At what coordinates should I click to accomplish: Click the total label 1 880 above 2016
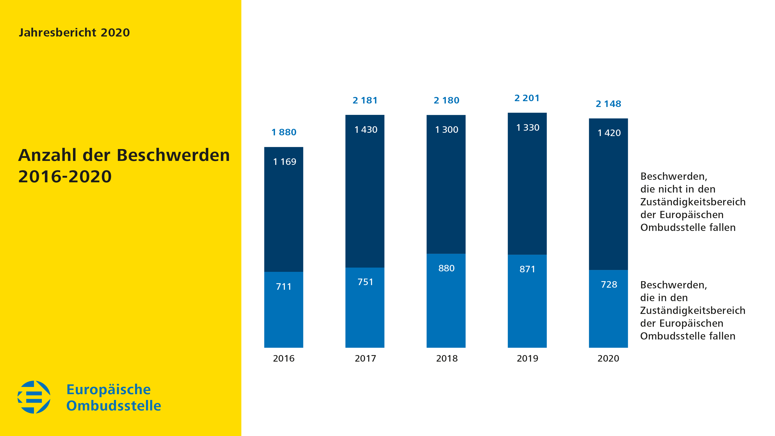click(x=284, y=132)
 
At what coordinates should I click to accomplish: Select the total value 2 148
click(x=608, y=104)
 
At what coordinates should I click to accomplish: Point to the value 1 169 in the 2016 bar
click(x=284, y=162)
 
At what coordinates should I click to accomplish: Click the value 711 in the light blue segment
click(x=283, y=286)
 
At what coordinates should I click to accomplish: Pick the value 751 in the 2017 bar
click(x=365, y=282)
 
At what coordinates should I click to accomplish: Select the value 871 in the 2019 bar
click(x=527, y=269)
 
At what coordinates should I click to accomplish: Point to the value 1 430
click(x=366, y=130)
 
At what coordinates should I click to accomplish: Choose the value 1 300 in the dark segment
click(x=447, y=130)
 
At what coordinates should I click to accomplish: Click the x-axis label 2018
click(x=447, y=358)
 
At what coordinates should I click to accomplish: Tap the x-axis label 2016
click(x=283, y=358)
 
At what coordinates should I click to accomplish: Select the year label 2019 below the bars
click(x=527, y=358)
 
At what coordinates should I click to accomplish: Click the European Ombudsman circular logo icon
click(x=34, y=397)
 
